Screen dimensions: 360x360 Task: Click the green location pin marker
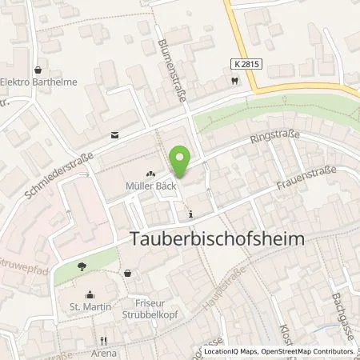click(x=182, y=162)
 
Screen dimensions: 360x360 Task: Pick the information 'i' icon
click(x=190, y=214)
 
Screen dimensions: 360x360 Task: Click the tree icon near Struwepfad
click(x=82, y=266)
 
